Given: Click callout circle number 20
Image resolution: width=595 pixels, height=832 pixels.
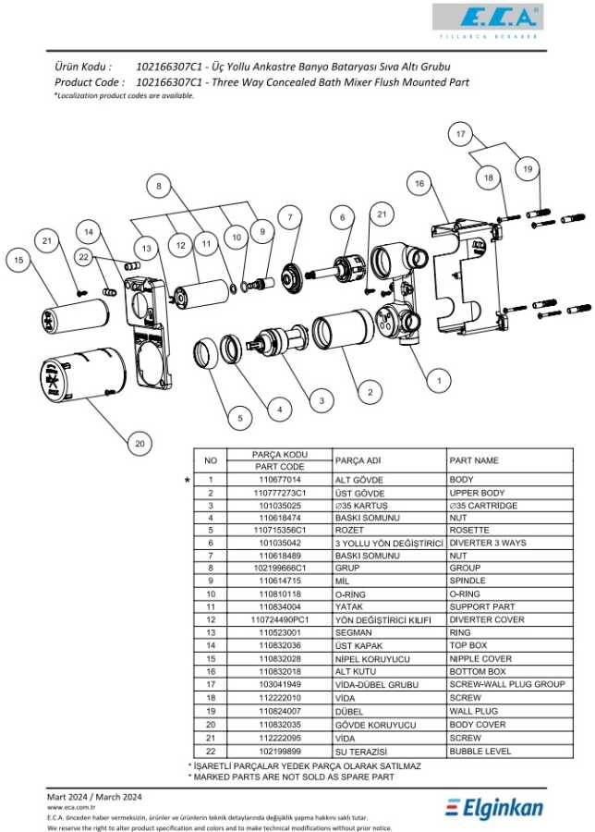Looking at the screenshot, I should tap(140, 445).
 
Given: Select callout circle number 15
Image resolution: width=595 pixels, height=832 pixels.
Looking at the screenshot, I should tap(18, 261).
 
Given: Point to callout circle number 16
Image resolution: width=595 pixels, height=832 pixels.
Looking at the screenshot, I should tap(419, 184).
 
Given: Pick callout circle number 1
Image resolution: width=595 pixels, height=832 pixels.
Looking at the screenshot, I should tap(439, 380).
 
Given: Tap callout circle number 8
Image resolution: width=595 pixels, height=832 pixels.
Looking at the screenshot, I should tap(159, 186).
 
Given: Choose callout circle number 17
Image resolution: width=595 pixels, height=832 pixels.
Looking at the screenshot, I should tap(460, 135).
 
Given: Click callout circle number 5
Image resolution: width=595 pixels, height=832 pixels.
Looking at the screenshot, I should tap(239, 418).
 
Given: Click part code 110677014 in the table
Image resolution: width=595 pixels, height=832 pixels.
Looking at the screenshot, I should tap(279, 480).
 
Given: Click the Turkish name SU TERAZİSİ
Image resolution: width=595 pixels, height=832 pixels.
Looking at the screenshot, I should tap(359, 752).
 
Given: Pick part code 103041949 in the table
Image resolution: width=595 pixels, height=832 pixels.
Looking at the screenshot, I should tap(279, 684).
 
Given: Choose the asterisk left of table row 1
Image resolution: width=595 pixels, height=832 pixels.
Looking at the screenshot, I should tap(188, 481).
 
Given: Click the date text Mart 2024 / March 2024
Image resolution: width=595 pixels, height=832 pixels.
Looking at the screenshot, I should tap(95, 796).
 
